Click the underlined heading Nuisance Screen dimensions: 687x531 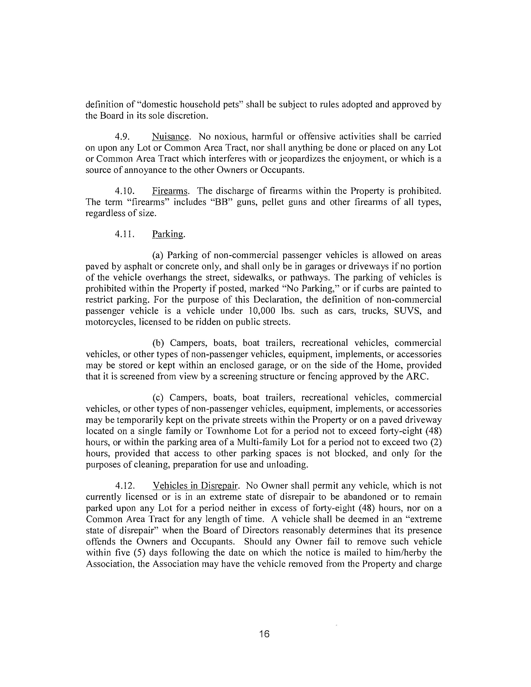coord(171,137)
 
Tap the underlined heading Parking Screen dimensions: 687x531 coord(168,234)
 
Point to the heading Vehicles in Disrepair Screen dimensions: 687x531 coord(195,486)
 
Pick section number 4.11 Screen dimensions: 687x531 coord(125,234)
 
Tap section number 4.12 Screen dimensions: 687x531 coord(125,486)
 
